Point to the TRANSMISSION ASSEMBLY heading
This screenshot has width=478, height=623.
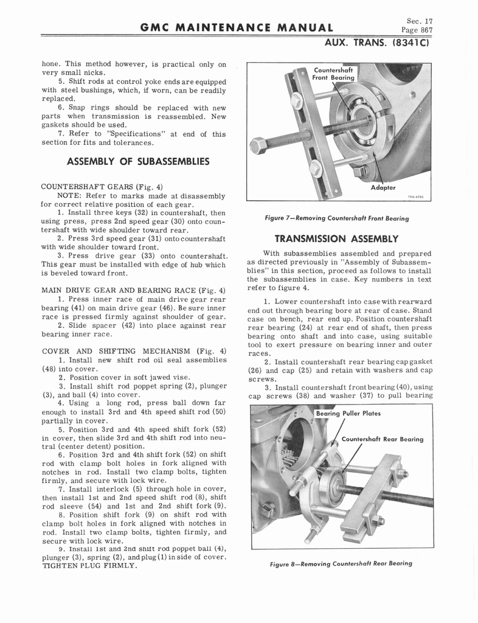pyautogui.click(x=336, y=238)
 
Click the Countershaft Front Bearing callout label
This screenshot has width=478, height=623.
pyautogui.click(x=333, y=74)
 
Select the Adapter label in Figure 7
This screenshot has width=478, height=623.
pyautogui.click(x=383, y=187)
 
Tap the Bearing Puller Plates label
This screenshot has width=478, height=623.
pyautogui.click(x=348, y=414)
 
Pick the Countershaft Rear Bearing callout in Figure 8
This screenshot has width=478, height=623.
pyautogui.click(x=383, y=439)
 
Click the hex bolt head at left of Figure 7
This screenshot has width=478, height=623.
pyautogui.click(x=258, y=146)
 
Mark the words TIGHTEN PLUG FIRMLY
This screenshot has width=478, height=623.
pyautogui.click(x=88, y=565)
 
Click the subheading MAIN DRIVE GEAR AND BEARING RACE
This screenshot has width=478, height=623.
pyautogui.click(x=133, y=290)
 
